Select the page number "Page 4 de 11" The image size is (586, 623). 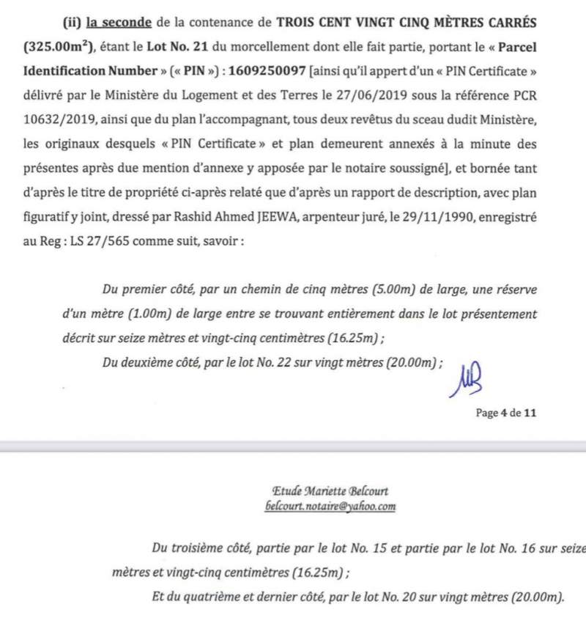(506, 413)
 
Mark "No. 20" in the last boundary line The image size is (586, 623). (381, 596)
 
